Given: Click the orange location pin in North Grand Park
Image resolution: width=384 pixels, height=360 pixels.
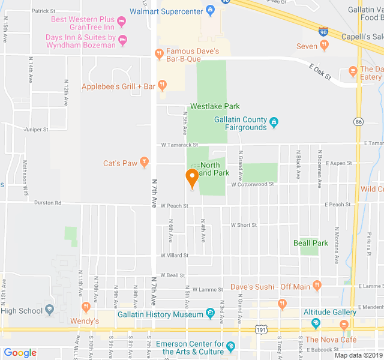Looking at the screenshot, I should pyautogui.click(x=192, y=178).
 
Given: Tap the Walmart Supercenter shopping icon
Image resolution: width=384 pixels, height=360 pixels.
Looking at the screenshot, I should pyautogui.click(x=210, y=10).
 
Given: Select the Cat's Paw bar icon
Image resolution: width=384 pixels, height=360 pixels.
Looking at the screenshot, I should pyautogui.click(x=144, y=163).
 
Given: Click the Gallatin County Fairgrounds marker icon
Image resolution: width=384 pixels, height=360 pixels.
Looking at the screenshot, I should pyautogui.click(x=274, y=122).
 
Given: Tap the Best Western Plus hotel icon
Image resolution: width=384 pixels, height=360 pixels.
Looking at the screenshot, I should pyautogui.click(x=122, y=23).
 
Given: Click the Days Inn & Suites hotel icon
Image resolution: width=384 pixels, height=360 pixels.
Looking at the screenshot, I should pyautogui.click(x=123, y=41).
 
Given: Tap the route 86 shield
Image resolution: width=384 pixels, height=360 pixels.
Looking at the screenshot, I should pyautogui.click(x=359, y=122).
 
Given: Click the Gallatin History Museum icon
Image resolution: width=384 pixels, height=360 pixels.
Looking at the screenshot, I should pyautogui.click(x=210, y=313).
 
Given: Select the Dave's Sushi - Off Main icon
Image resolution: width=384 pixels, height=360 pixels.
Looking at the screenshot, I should pyautogui.click(x=316, y=287).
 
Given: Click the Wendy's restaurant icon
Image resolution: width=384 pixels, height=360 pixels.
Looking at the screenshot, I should pyautogui.click(x=86, y=308).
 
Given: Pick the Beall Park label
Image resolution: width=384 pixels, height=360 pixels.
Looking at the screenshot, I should pyautogui.click(x=311, y=243).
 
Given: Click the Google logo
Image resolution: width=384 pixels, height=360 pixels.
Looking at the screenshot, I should pyautogui.click(x=20, y=353).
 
